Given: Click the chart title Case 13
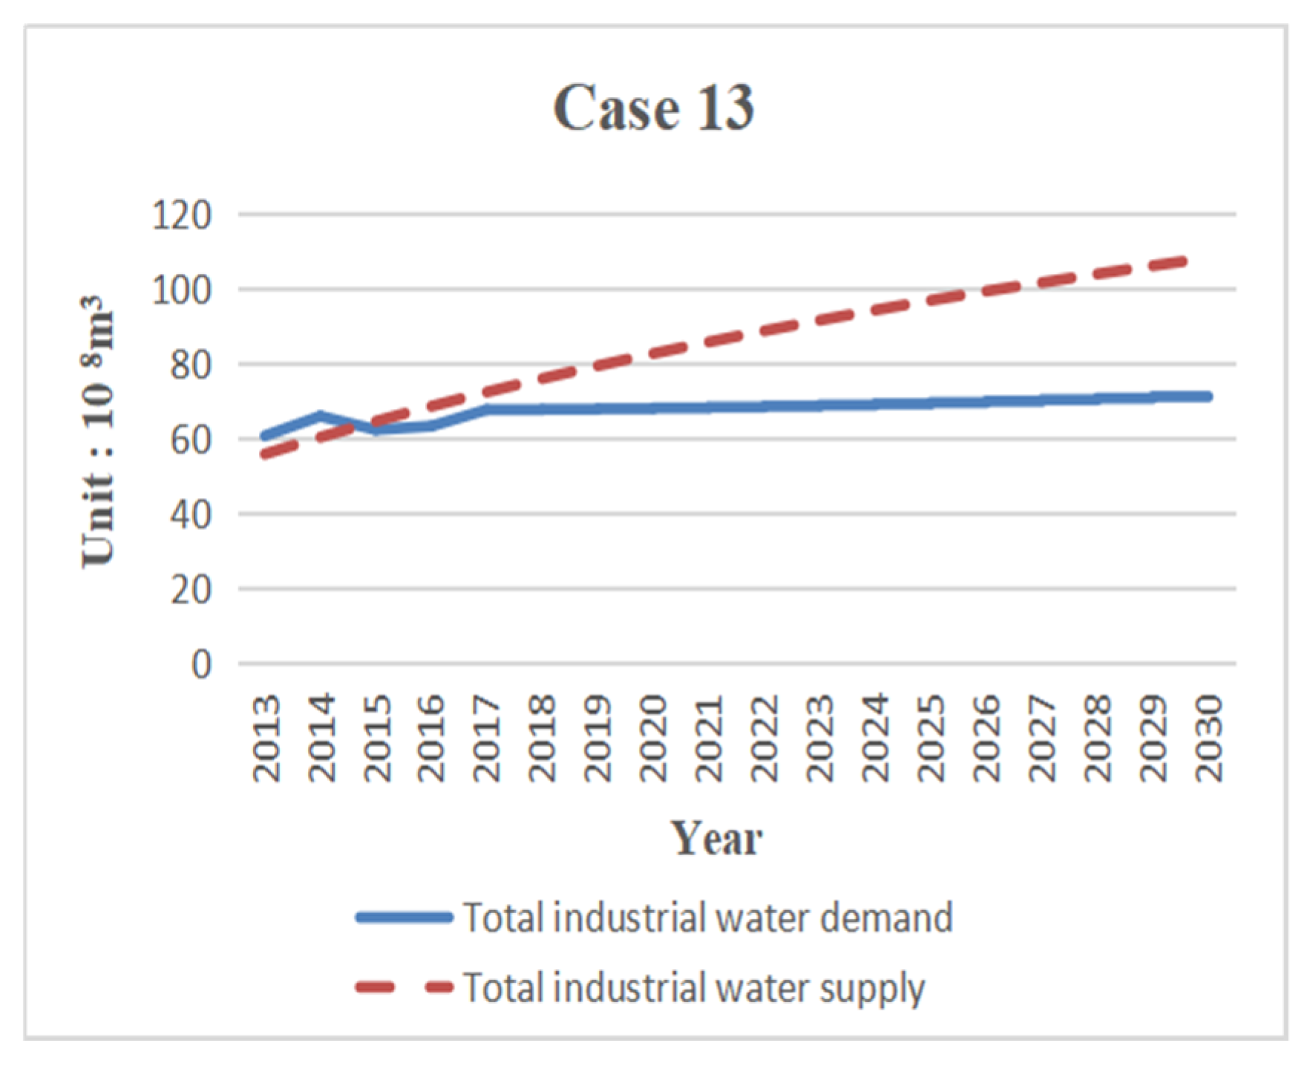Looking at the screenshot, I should (x=653, y=108).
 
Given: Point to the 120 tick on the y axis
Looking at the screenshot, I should (x=182, y=215).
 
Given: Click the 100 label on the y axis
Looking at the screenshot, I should (x=182, y=290).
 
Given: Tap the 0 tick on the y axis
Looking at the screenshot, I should (x=201, y=664).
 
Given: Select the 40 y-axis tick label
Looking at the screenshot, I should (x=191, y=514).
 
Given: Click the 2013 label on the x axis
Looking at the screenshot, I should (x=266, y=738).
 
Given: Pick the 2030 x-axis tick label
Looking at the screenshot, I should (x=1208, y=738).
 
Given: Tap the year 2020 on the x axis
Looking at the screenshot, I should (x=654, y=738).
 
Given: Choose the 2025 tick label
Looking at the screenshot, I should (x=931, y=738).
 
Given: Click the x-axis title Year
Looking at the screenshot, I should (x=716, y=839).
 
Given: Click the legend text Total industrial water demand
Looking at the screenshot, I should (x=708, y=918).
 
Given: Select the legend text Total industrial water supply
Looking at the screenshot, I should (x=694, y=988).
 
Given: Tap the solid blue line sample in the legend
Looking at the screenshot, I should (x=405, y=918).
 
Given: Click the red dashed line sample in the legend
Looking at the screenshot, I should (x=405, y=987).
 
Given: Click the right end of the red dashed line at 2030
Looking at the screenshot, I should (x=1185, y=261).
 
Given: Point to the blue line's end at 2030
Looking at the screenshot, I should (x=1208, y=396).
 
